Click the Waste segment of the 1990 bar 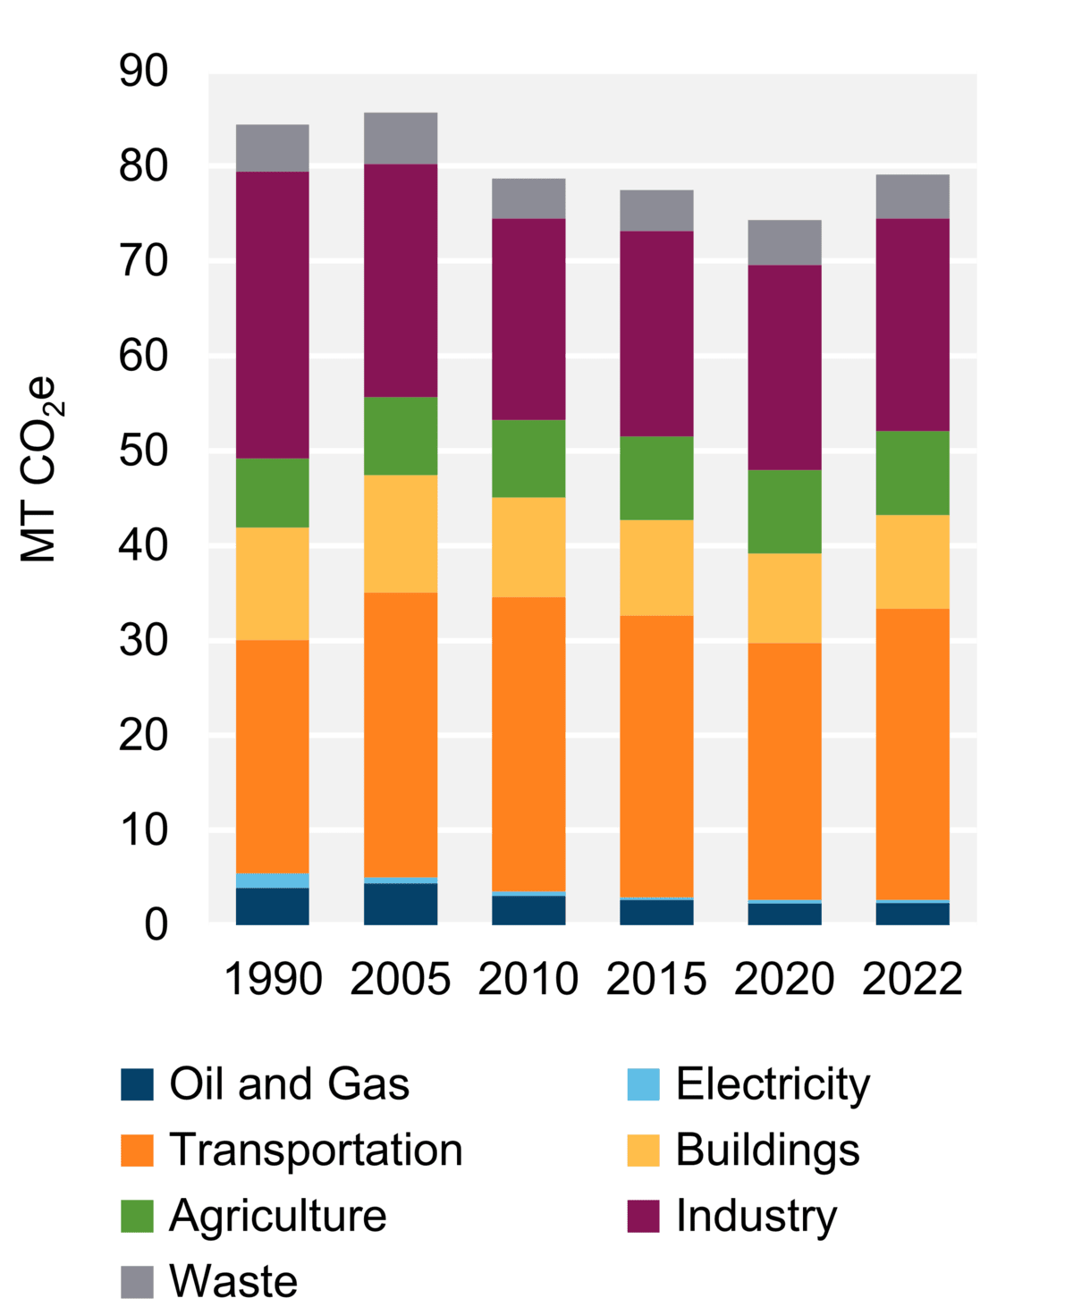pyautogui.click(x=272, y=148)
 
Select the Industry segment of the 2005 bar pyautogui.click(x=400, y=281)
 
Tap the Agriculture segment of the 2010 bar pyautogui.click(x=528, y=459)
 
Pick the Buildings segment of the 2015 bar pyautogui.click(x=656, y=568)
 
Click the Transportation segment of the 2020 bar pyautogui.click(x=784, y=771)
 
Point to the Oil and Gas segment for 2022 pyautogui.click(x=912, y=914)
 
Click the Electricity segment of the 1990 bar pyautogui.click(x=272, y=881)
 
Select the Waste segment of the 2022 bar pyautogui.click(x=912, y=197)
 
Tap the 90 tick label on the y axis pyautogui.click(x=143, y=72)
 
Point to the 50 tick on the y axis pyautogui.click(x=143, y=451)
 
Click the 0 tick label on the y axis pyautogui.click(x=156, y=924)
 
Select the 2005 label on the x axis pyautogui.click(x=400, y=979)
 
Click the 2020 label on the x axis pyautogui.click(x=784, y=979)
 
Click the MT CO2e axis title pyautogui.click(x=38, y=469)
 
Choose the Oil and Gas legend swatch pyautogui.click(x=137, y=1084)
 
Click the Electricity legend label pyautogui.click(x=773, y=1084)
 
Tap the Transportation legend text pyautogui.click(x=316, y=1150)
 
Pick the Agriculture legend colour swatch pyautogui.click(x=137, y=1216)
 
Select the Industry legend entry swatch pyautogui.click(x=643, y=1216)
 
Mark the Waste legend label pyautogui.click(x=233, y=1281)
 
